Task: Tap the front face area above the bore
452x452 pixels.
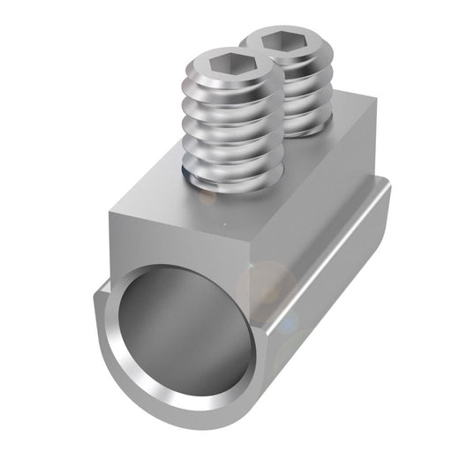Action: tap(177, 247)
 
